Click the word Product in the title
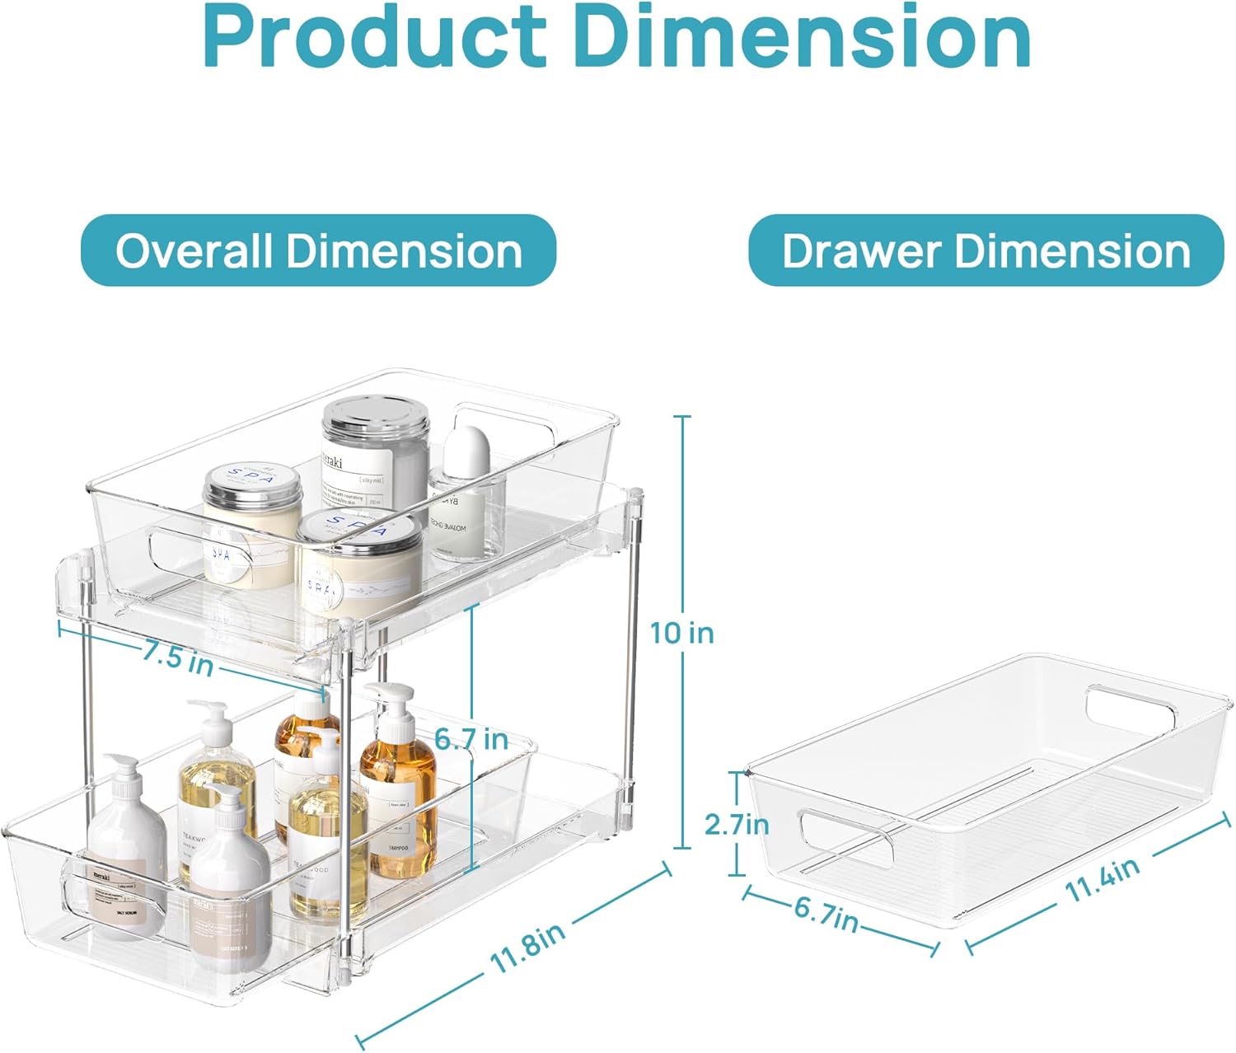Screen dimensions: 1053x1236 pos(375,37)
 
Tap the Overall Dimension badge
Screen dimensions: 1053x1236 pos(319,250)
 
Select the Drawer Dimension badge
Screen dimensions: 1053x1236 pos(986,250)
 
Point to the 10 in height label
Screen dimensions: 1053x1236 pos(681,633)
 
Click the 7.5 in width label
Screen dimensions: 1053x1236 pos(177,658)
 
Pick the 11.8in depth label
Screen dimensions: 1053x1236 pos(527,948)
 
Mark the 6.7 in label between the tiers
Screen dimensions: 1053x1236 pos(471,739)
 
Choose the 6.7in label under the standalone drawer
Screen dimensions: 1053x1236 pos(826,914)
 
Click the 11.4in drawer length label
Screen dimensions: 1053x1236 pos(1102,880)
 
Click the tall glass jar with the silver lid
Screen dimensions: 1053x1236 pos(375,461)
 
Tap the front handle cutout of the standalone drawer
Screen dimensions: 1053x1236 pos(846,838)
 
